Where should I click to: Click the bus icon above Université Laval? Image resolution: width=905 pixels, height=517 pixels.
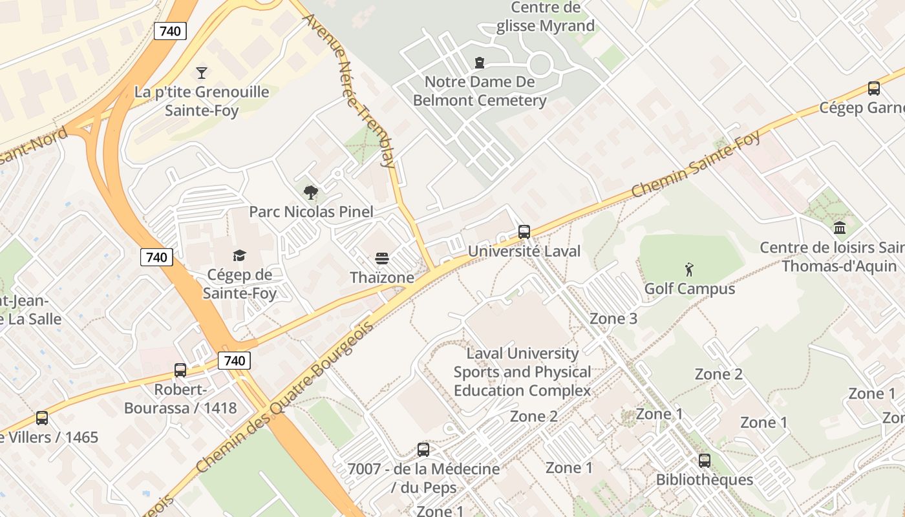[524, 231]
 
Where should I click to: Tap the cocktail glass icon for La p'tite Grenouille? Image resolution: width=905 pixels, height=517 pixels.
[202, 72]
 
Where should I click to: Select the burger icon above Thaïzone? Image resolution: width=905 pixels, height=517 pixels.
[382, 259]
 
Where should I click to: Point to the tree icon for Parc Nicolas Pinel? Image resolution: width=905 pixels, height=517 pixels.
[311, 192]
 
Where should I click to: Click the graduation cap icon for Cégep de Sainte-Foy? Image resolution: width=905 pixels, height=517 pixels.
[239, 256]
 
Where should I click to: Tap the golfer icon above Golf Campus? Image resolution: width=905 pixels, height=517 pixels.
[689, 269]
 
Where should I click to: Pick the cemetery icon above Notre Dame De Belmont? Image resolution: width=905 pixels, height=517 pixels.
[480, 63]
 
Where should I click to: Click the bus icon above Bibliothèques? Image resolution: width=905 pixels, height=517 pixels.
[705, 461]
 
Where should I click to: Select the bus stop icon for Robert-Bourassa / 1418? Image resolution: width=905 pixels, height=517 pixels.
[180, 370]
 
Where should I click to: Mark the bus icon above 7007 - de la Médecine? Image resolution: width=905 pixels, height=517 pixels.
[423, 450]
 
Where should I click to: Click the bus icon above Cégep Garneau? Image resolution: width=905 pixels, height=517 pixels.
[874, 89]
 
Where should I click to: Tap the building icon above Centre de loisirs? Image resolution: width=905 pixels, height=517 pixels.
[840, 227]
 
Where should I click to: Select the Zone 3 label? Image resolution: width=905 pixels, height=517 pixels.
[613, 319]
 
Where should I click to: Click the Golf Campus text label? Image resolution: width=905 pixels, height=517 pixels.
[690, 288]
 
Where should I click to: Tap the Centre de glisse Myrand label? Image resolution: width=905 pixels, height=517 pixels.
[545, 17]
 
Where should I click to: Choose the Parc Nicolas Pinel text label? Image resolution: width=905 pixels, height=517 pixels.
[312, 212]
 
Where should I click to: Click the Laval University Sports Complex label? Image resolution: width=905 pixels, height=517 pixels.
[522, 372]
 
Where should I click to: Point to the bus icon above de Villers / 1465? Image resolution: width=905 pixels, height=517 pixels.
[42, 418]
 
